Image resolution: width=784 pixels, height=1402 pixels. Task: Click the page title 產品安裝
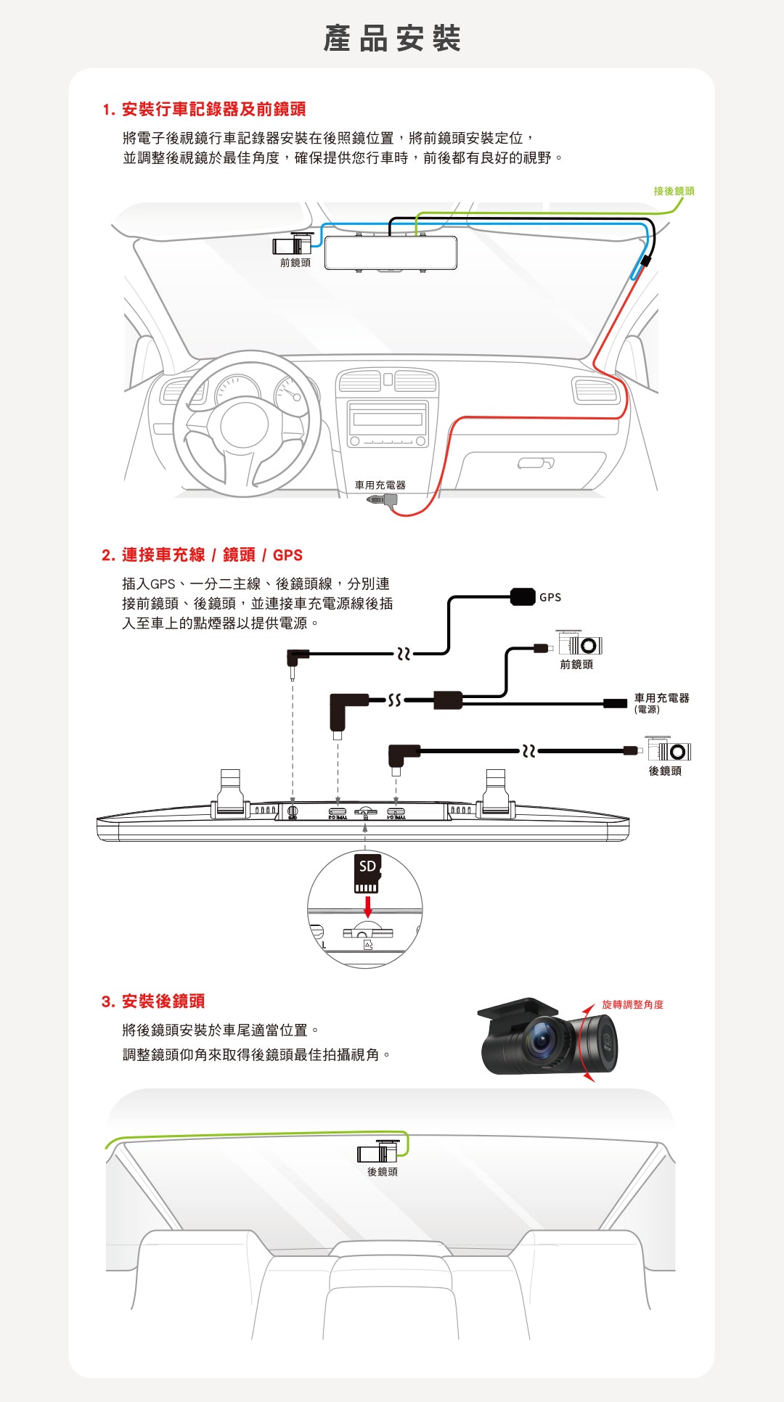pos(392,38)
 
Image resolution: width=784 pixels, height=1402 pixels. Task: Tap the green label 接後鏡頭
pos(674,191)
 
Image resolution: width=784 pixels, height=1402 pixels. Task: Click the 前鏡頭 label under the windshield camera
pos(295,263)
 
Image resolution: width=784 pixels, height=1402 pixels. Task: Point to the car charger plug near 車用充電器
pos(382,499)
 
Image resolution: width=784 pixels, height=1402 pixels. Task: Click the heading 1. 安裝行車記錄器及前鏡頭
pos(204,110)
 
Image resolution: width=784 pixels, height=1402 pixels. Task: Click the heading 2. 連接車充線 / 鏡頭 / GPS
pos(202,555)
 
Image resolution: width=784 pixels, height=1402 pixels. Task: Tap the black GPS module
pos(523,597)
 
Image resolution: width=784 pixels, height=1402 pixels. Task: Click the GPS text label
pos(550,597)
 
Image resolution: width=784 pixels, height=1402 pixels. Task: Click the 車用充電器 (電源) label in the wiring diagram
pos(661,702)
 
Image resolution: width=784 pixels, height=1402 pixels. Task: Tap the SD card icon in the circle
pos(367,873)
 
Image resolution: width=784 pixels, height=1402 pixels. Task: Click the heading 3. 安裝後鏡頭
pos(153,1001)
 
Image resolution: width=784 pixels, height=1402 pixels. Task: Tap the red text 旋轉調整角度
pos(632,1004)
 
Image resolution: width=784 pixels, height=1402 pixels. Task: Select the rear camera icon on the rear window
pos(378,1152)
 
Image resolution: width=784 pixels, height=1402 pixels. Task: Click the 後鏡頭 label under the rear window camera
pos(382,1171)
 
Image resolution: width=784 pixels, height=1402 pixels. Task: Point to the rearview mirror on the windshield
pos(391,253)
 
